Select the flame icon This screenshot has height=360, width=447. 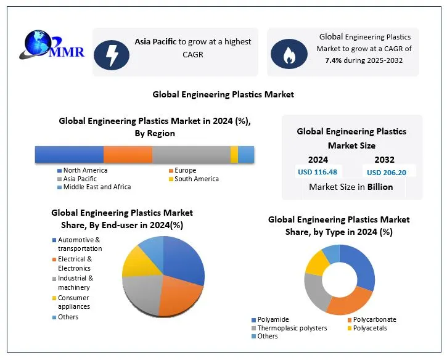289,54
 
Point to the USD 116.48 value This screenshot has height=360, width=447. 318,172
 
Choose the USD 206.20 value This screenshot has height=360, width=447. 387,173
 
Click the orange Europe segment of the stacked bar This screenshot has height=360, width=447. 128,155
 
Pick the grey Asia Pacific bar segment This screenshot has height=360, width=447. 191,155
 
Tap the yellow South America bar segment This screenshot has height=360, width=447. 234,155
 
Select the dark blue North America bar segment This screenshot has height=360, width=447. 69,155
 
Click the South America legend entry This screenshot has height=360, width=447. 195,179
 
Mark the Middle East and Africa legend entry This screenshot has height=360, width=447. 96,187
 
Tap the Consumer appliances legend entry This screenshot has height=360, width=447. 73,302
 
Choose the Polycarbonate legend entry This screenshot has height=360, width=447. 374,319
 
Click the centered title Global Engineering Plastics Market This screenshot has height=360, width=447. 223,94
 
